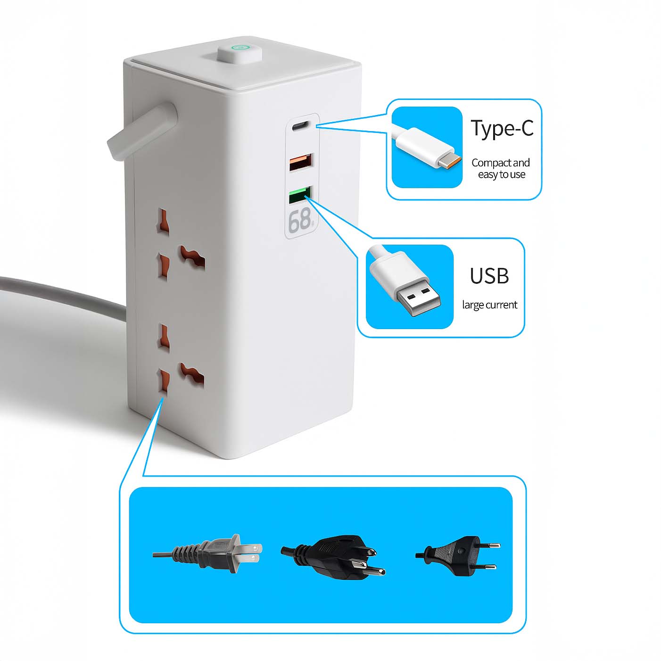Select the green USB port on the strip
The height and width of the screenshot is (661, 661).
[299, 195]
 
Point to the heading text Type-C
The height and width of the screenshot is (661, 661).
[502, 128]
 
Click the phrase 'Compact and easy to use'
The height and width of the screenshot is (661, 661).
[501, 168]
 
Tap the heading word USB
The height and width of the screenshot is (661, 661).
[489, 276]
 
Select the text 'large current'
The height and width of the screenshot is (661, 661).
[489, 305]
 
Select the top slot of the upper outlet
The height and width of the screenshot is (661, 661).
[163, 220]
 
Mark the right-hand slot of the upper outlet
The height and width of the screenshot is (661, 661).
[192, 256]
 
